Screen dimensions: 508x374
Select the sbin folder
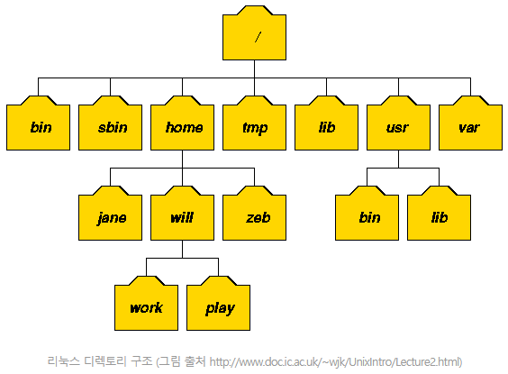110,123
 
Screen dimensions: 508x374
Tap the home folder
183,123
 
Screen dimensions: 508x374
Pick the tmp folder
254,123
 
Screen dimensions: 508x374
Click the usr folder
398,123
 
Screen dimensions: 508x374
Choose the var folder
470,123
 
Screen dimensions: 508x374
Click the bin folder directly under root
38,123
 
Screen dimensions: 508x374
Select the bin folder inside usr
367,214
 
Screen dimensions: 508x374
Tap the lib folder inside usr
439,214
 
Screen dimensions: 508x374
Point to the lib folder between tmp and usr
327,123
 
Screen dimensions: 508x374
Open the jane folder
110,214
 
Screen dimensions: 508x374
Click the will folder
183,214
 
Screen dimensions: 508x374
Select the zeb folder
254,214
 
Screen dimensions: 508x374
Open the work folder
146,304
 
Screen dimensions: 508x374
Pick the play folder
218,304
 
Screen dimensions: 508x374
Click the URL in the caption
335,361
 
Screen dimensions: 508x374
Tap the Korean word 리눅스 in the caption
63,361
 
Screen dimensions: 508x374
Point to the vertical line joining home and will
183,168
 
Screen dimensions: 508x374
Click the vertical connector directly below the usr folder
398,160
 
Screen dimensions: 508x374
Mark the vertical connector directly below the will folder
183,250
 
